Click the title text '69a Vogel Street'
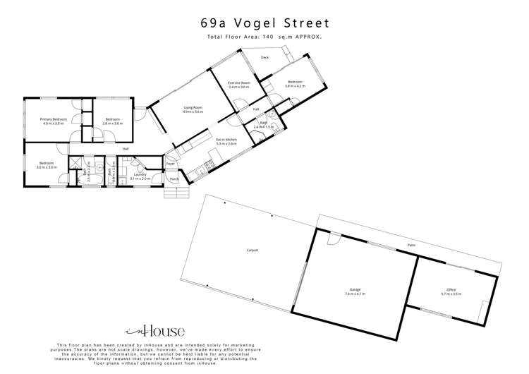tap(264, 22)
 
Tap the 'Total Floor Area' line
tap(264, 36)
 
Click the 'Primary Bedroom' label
tap(54, 119)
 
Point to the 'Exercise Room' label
tap(239, 83)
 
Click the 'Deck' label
tap(264, 57)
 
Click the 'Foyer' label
tap(171, 164)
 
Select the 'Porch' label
tap(174, 179)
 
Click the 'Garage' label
tap(355, 289)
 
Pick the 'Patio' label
tap(410, 246)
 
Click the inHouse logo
tap(155, 330)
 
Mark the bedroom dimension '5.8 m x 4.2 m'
tap(295, 86)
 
